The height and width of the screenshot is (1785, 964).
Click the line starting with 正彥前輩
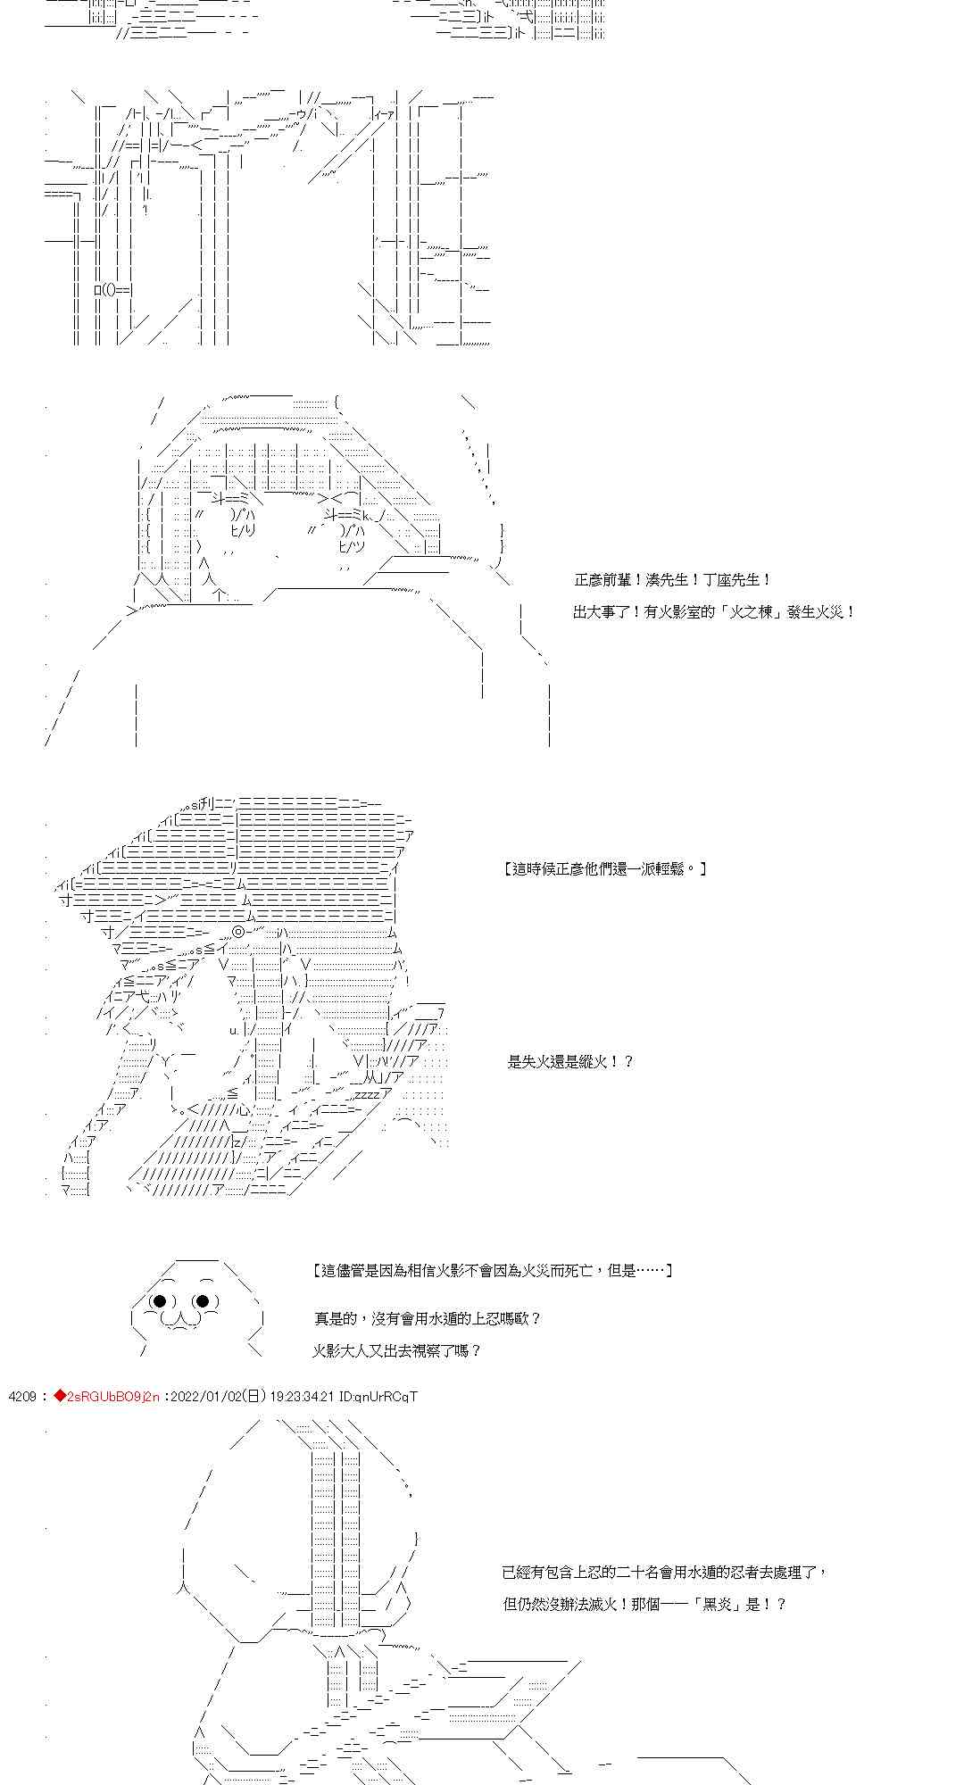click(672, 580)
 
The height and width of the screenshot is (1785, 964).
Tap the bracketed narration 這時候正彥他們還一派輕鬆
click(604, 868)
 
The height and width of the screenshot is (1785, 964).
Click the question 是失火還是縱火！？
click(570, 1061)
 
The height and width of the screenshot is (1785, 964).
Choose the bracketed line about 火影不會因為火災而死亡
click(493, 1270)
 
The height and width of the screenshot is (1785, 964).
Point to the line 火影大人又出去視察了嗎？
click(397, 1350)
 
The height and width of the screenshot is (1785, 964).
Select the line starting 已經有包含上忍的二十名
click(664, 1572)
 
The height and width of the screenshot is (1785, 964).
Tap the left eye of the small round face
click(161, 1301)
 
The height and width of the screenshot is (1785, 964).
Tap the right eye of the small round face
click(203, 1301)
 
